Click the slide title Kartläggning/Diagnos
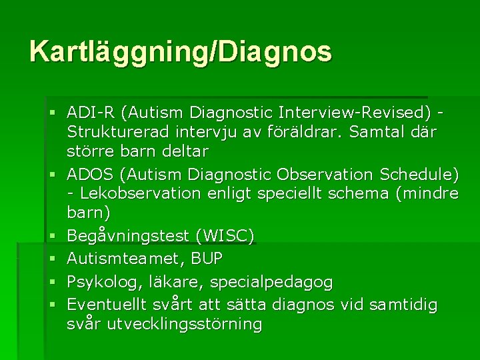point(180,52)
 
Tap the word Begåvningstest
point(126,237)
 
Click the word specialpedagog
point(271,281)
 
